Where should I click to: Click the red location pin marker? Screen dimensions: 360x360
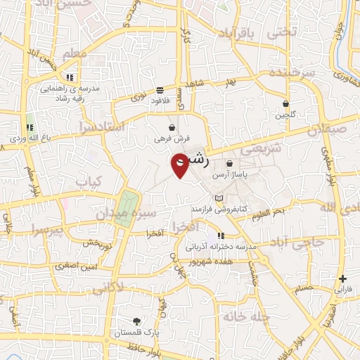[x=181, y=165]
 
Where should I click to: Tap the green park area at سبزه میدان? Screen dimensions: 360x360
[x=124, y=208]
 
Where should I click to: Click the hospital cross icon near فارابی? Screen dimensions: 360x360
[x=342, y=278]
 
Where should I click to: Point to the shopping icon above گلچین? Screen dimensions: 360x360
[x=286, y=103]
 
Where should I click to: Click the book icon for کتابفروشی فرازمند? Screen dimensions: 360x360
[x=219, y=198]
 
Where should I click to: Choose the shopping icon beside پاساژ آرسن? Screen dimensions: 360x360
[x=229, y=164]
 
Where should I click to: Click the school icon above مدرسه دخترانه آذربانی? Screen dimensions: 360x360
[x=221, y=236]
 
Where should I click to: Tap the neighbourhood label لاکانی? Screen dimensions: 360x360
[x=107, y=287]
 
